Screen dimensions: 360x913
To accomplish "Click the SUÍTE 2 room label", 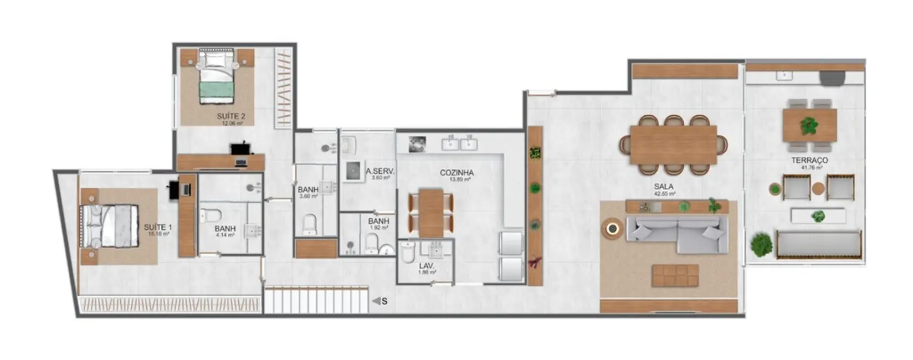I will tap(231, 117).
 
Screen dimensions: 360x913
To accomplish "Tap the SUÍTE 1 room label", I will tap(158, 228).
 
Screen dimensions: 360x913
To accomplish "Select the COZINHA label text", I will tap(456, 173).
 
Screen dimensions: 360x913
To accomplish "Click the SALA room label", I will tap(664, 187).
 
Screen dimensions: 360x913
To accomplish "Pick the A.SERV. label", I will tap(380, 172).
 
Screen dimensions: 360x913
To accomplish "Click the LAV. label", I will tap(427, 266).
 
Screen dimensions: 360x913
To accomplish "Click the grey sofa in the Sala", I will tap(677, 233).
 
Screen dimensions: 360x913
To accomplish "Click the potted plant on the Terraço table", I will tap(809, 126).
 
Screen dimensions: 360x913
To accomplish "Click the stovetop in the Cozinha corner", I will tap(417, 144).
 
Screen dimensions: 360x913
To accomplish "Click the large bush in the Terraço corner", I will tap(761, 244).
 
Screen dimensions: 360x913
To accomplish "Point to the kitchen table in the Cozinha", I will tap(430, 212).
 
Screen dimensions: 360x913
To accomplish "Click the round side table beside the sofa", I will tap(613, 228).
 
